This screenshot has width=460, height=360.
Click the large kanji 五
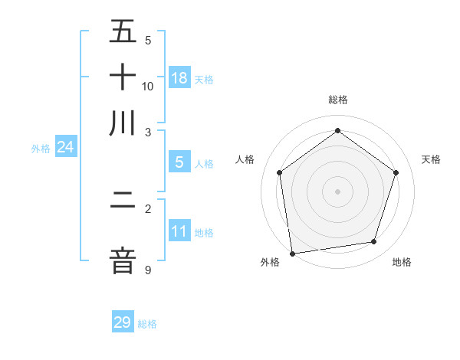(x=123, y=32)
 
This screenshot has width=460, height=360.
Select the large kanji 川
(x=123, y=123)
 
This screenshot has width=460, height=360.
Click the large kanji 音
(x=123, y=261)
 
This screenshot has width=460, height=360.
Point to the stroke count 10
(x=148, y=86)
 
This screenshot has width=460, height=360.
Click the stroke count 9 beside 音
(x=148, y=270)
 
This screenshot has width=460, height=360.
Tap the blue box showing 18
(x=179, y=78)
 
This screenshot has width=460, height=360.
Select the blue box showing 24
(x=65, y=147)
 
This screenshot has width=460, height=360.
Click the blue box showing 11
(x=179, y=231)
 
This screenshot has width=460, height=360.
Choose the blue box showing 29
(x=123, y=322)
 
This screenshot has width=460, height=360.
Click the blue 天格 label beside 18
(x=203, y=80)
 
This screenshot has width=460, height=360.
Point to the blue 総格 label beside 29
(x=147, y=324)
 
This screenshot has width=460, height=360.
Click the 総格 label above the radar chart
(x=338, y=100)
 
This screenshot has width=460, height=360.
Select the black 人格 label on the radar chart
(x=245, y=159)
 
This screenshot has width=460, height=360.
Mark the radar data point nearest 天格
(x=396, y=172)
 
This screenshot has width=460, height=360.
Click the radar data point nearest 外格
(x=292, y=253)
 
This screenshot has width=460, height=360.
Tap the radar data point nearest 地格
(x=373, y=242)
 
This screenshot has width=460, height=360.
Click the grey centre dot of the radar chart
(x=337, y=191)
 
